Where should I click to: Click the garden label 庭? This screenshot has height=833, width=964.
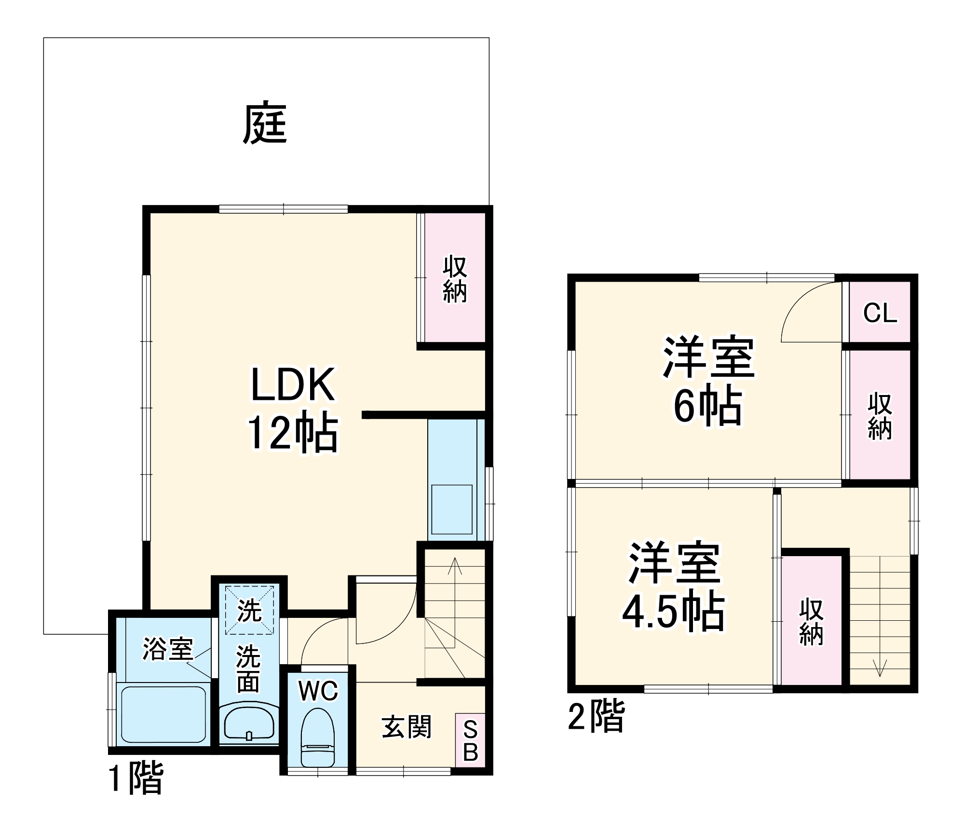(x=265, y=123)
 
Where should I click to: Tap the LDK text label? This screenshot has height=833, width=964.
(x=293, y=384)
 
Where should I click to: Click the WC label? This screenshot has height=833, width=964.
(x=318, y=691)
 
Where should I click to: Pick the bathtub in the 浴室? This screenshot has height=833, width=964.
(x=163, y=714)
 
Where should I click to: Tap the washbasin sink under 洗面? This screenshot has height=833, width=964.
(x=249, y=723)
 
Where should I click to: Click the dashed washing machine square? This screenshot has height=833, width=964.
(x=249, y=610)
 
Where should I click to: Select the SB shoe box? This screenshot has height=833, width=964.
(x=470, y=740)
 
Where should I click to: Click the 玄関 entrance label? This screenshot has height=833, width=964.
(x=407, y=727)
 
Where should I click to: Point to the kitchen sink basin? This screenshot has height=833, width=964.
(x=451, y=509)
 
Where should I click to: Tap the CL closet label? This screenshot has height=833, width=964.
(x=880, y=313)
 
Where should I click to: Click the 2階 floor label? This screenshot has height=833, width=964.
(x=596, y=716)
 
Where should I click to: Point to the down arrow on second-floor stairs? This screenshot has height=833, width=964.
(x=880, y=668)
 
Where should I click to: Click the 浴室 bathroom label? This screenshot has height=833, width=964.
(x=168, y=649)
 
